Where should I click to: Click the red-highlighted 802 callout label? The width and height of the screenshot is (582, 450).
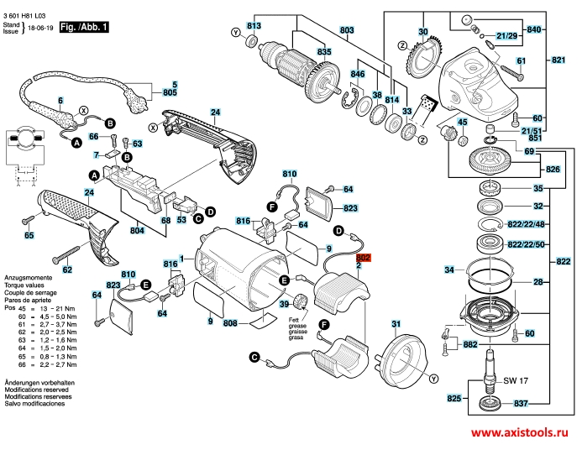(364, 259)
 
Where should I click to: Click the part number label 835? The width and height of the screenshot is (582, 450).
(301, 52)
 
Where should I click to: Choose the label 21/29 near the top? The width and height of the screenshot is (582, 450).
(506, 36)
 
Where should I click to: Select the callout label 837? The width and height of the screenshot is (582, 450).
(520, 403)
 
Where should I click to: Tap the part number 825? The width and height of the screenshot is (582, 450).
(454, 397)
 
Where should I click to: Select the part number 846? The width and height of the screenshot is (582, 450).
(358, 75)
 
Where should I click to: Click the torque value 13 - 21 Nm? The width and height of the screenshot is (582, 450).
(50, 310)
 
